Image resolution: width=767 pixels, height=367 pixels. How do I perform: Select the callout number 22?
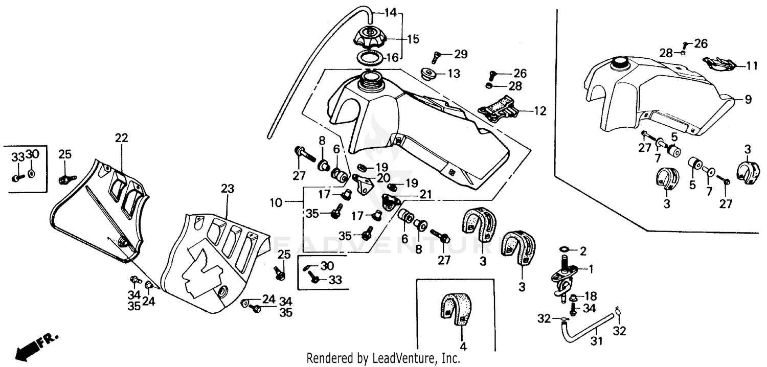pos(121,138)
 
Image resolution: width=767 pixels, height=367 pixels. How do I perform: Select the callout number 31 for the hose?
pos(597,340)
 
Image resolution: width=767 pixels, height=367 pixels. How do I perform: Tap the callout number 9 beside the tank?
pos(748,100)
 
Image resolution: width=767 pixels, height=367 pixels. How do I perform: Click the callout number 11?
pos(751,65)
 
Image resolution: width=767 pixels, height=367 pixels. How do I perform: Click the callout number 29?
pos(461,54)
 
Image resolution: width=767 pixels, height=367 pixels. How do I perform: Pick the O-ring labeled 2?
pos(564,249)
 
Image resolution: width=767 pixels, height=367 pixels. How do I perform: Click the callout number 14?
pos(390,13)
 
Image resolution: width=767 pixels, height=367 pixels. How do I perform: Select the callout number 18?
pos(590,296)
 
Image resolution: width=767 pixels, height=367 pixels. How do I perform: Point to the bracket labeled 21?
pos(392,200)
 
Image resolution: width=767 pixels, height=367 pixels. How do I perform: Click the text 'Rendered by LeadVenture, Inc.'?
pos(383,359)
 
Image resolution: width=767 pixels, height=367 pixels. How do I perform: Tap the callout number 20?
pos(382,178)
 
